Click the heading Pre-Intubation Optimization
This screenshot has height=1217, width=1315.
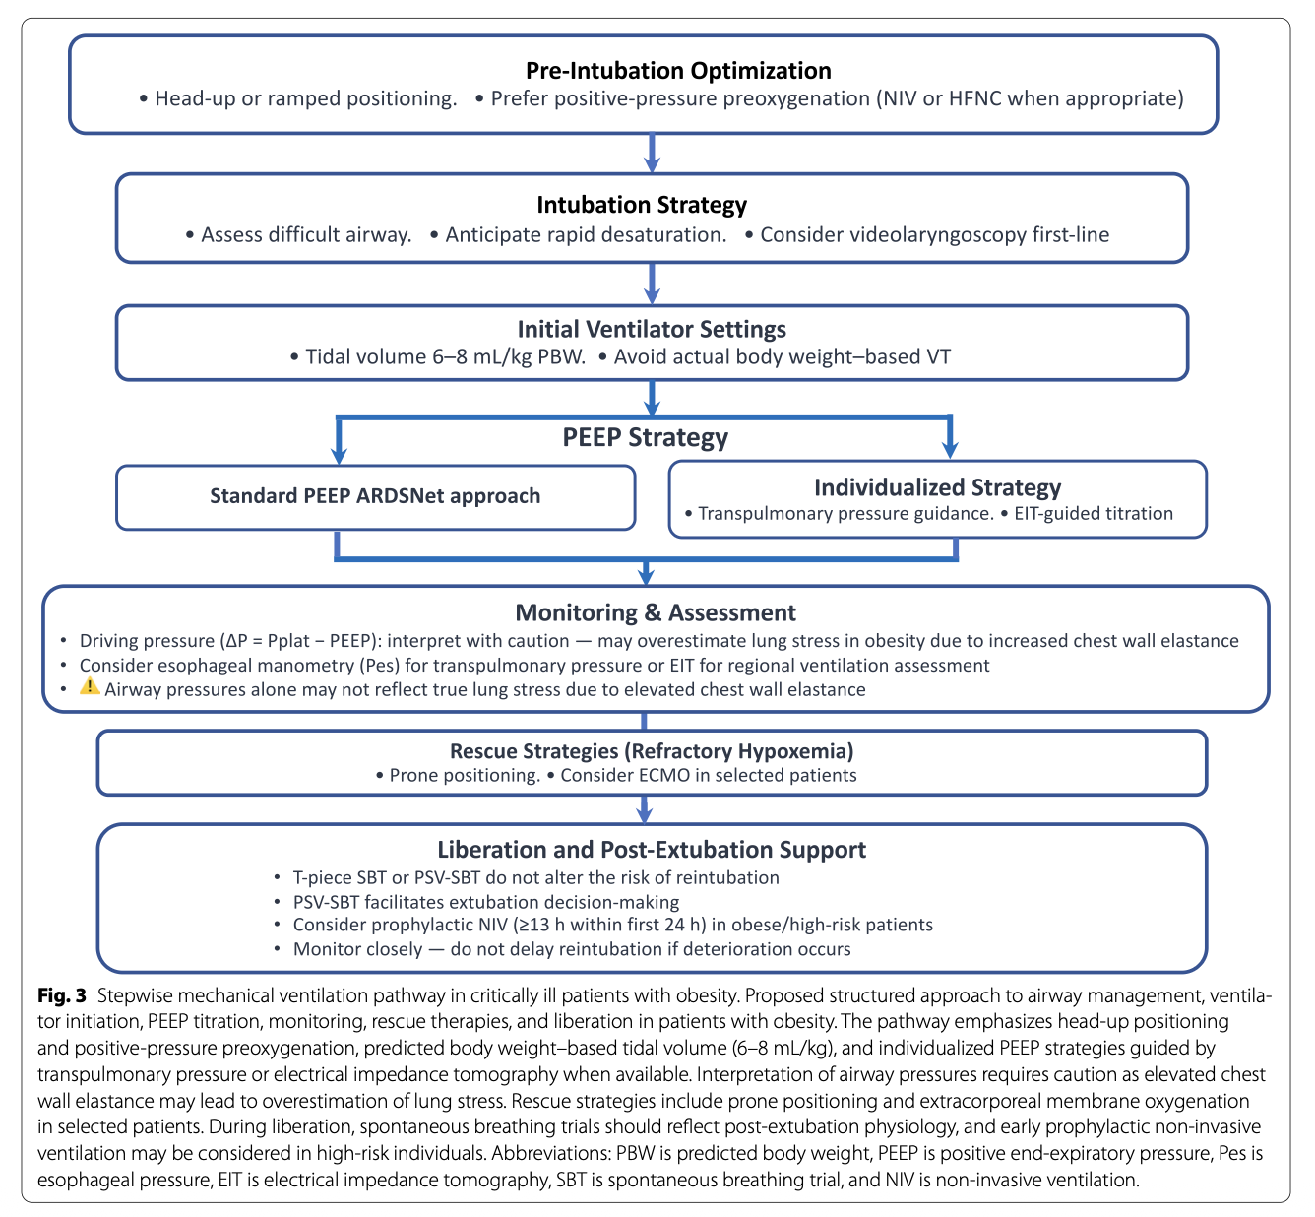[678, 70]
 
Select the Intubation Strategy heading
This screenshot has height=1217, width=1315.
[642, 205]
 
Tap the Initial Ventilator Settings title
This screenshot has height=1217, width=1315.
[652, 329]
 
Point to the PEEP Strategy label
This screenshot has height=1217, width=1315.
[645, 437]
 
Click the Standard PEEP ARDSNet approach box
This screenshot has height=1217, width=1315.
[375, 497]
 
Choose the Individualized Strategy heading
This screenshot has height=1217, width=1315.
[938, 487]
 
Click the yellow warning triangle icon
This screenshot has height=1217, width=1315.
[90, 686]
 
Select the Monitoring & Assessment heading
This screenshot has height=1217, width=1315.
[656, 612]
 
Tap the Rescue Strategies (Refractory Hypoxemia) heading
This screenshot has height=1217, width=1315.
[652, 751]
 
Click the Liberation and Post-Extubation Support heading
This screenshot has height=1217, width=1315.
[652, 850]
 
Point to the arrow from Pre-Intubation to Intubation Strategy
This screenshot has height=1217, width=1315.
[653, 154]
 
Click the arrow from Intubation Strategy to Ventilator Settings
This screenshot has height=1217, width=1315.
[653, 285]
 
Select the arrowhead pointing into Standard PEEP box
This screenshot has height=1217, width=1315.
[339, 457]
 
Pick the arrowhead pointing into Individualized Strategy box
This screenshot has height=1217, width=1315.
[950, 451]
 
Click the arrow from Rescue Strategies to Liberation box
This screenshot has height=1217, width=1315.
[645, 809]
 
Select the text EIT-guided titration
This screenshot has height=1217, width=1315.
[1094, 513]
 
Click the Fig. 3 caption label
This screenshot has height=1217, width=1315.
[62, 995]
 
